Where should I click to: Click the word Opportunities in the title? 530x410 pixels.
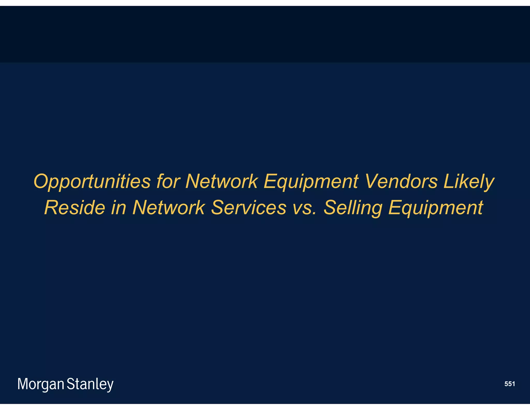92,181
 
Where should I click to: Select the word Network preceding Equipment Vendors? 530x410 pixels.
222,181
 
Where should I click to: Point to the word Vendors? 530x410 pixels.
401,181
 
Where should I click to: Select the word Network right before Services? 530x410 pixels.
168,208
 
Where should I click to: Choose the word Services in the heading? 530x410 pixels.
249,208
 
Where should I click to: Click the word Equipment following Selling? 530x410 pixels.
436,208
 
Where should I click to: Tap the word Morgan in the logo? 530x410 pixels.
41,384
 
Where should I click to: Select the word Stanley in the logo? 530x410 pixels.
90,384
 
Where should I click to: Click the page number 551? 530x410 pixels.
510,384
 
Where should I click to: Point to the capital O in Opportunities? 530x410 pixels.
41,181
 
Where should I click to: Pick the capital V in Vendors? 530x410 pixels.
372,181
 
